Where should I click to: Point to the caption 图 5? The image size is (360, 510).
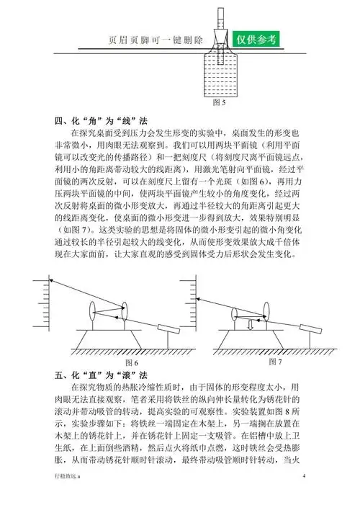point(220,103)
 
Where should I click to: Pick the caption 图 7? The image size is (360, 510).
point(274,359)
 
